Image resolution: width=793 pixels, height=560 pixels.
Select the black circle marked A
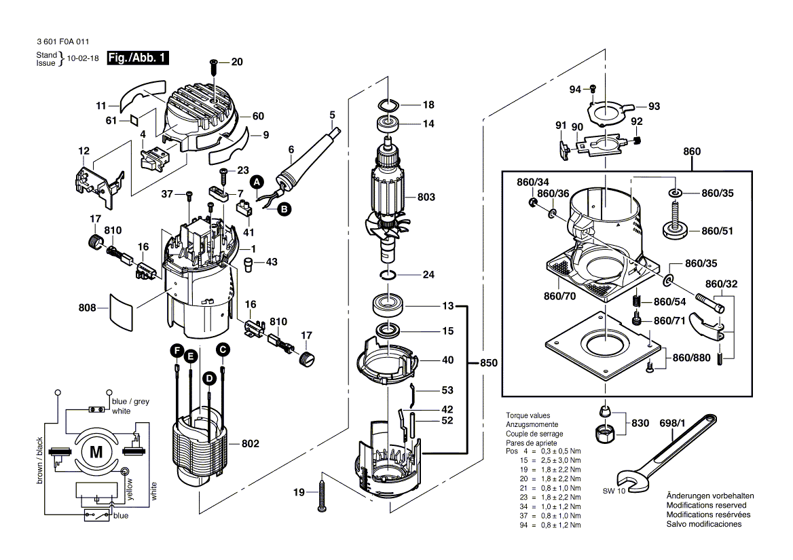coord(257,182)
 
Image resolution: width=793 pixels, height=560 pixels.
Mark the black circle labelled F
coord(177,350)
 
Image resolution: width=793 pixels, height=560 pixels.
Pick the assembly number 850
coord(488,363)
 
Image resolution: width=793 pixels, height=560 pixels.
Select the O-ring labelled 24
coord(388,276)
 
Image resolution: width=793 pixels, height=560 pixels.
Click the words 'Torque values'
coord(528,415)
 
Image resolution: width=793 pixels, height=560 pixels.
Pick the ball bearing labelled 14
coord(389,124)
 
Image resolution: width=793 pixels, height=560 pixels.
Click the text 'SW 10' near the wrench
coord(613,491)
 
